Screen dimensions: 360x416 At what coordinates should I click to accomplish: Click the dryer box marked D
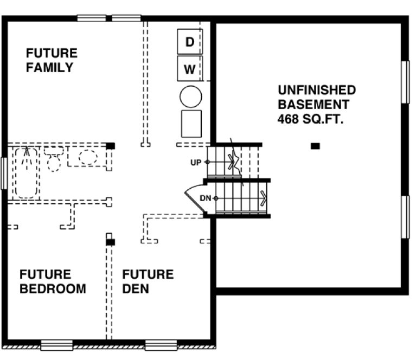point(189,42)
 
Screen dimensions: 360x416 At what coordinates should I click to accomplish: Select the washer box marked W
point(189,69)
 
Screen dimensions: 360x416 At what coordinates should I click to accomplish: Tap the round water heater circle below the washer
point(190,97)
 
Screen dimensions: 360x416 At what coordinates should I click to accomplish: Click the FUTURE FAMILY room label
point(51,60)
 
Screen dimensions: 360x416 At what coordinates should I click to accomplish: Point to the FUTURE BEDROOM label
point(52,281)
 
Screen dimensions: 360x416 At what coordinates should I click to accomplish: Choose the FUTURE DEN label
point(148,281)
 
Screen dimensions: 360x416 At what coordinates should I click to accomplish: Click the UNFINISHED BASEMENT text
point(316,97)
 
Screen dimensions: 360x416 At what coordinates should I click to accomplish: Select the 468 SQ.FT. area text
point(311,119)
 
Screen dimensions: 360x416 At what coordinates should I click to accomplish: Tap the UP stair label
point(196,162)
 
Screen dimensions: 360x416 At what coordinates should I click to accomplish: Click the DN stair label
point(205,198)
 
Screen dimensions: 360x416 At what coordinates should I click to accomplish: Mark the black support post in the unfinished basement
point(315,145)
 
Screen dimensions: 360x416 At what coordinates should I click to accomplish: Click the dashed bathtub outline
point(25,172)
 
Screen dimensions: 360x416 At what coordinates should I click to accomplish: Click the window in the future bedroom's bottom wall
point(56,344)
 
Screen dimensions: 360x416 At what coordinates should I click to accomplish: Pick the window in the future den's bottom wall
point(161,344)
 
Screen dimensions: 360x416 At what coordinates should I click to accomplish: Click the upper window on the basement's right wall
point(405,81)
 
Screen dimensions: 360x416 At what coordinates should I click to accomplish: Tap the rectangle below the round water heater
point(191,124)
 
